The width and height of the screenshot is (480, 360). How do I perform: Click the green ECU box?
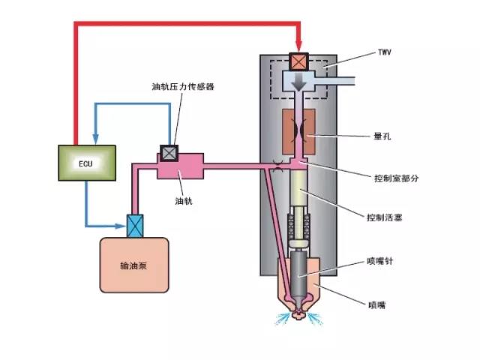tap(86, 163)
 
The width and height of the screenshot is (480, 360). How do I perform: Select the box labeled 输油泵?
tap(134, 265)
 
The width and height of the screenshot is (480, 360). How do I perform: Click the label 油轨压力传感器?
tap(183, 87)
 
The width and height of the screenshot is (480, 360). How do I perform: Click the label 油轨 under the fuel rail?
tap(183, 201)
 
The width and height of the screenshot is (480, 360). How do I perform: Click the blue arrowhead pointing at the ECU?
tap(95, 139)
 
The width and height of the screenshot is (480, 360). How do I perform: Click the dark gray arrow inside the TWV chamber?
tap(299, 83)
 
